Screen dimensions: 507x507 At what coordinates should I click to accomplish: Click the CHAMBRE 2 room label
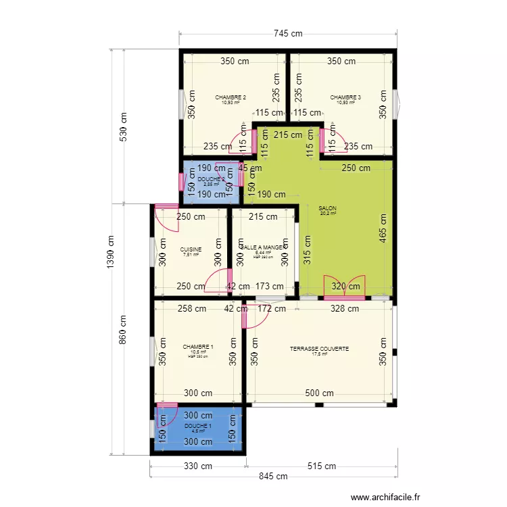pos(230,97)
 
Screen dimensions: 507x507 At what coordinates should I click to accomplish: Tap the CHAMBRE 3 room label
pos(345,97)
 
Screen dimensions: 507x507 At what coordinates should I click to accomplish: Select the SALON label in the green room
pos(327,209)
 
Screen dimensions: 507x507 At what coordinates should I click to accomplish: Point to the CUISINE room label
pos(191,249)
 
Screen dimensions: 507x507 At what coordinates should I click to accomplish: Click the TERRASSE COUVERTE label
pos(319,349)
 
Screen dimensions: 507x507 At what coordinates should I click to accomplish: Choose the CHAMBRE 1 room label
pos(197,347)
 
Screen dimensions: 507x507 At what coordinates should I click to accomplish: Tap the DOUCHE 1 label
pos(197,427)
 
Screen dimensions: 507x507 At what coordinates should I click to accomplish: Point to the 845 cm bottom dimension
pos(272,476)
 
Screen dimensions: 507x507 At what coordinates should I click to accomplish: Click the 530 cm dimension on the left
pos(123,126)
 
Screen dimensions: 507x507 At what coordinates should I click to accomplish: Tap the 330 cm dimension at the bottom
pos(197,466)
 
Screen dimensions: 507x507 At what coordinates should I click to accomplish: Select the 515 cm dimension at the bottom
pos(322,466)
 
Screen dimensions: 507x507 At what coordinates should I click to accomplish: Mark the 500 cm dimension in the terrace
pos(319,393)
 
